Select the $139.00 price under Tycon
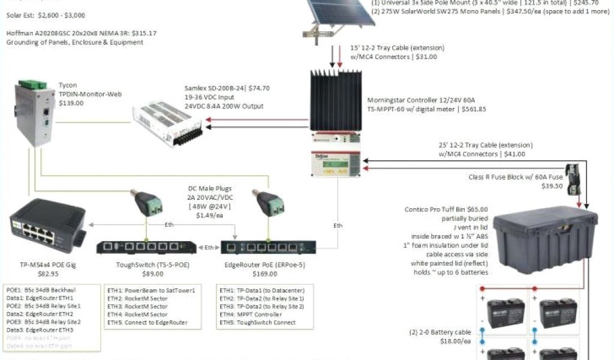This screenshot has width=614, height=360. pyautogui.click(x=71, y=103)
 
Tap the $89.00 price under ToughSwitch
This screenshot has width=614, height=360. pyautogui.click(x=153, y=274)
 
